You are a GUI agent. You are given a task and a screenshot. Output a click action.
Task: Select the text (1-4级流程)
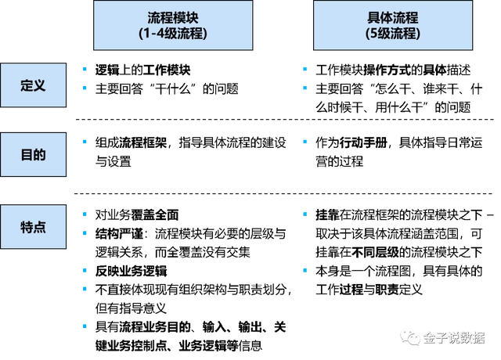coord(173,34)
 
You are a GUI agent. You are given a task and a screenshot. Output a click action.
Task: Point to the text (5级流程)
coord(393,34)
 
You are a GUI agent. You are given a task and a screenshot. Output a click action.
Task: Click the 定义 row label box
coord(33,85)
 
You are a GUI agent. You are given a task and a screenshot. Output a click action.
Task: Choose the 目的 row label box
coord(33,155)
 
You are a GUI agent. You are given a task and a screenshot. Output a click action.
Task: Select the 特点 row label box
coord(33,227)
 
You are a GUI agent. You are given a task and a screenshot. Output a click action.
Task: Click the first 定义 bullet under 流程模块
coord(85,69)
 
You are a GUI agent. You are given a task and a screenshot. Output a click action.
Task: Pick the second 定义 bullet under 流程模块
coord(85,88)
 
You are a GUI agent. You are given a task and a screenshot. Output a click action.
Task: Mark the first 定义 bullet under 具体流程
coord(305,69)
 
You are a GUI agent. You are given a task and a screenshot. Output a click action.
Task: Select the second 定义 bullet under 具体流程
coord(305,88)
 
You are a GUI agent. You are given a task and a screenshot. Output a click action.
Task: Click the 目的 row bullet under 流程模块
coord(85,142)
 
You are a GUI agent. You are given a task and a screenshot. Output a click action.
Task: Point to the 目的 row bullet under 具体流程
coord(305,142)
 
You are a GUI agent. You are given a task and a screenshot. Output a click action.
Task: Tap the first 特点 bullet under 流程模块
coord(85,214)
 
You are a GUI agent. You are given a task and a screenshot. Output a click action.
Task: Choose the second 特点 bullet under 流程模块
coord(85,233)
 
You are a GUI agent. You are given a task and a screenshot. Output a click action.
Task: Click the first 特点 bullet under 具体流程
coord(305,214)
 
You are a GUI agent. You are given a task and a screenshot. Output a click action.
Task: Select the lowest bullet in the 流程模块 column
coord(85,326)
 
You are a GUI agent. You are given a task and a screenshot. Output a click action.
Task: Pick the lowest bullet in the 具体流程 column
coord(305,270)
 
